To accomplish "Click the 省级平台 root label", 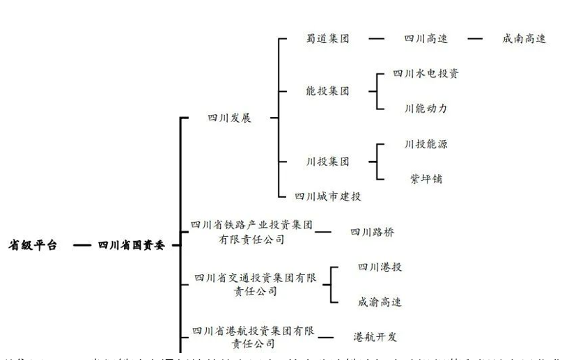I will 32,245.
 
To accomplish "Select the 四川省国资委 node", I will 132,245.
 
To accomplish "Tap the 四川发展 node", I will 229,118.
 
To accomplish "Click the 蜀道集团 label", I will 327,38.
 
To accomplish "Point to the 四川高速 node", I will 426,38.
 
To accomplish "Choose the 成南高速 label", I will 524,38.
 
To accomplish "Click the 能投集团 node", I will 327,91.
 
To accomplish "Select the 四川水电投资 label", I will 426,73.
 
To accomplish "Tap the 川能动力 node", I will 426,109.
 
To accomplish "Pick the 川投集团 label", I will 327,162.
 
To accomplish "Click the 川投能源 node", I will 426,144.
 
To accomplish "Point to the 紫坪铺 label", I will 426,179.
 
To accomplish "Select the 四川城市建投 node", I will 328,197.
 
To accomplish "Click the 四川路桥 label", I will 372,232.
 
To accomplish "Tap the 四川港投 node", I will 380,267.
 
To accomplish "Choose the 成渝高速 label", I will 380,302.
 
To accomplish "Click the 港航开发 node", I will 375,337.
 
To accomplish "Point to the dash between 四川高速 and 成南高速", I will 475,38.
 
